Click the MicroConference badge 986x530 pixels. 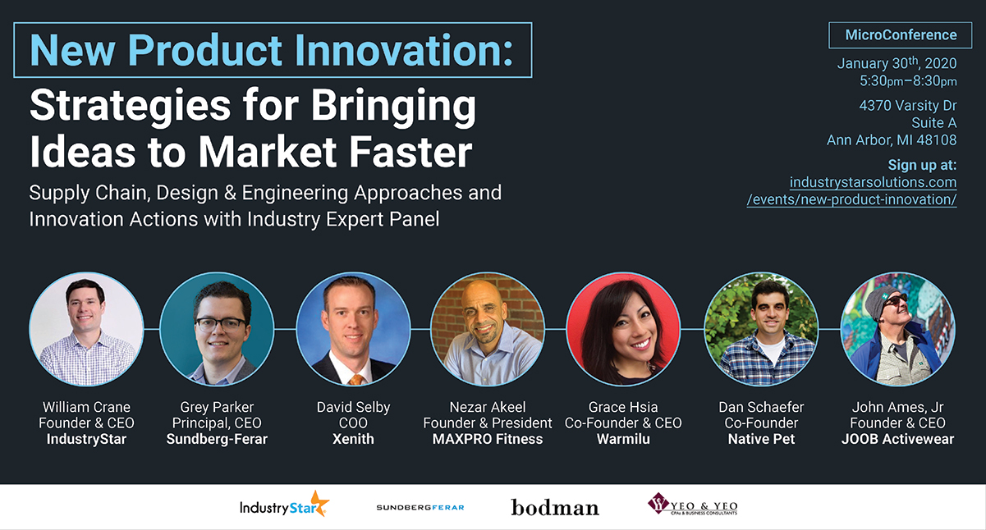901,35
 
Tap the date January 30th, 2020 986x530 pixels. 897,64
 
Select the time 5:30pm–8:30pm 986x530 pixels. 908,81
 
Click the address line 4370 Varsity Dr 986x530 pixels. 907,106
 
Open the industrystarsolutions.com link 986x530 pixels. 873,182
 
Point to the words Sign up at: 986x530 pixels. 922,165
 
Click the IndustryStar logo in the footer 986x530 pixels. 284,506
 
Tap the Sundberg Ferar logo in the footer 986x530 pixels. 420,508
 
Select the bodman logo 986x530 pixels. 554,508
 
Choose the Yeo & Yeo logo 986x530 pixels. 692,505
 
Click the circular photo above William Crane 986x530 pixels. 86,329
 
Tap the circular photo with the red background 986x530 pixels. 623,329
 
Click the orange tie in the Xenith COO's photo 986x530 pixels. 355,380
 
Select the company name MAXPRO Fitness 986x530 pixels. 488,439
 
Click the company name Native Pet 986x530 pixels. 761,439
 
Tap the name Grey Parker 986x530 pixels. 217,407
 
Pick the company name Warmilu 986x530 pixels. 623,439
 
